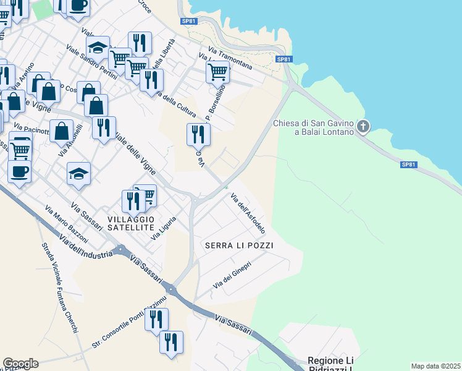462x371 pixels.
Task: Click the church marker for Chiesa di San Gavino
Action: pyautogui.click(x=363, y=127)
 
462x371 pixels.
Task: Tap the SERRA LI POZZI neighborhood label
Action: pyautogui.click(x=239, y=245)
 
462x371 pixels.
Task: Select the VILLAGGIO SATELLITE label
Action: pyautogui.click(x=130, y=223)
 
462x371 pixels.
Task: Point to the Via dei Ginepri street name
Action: pyautogui.click(x=232, y=276)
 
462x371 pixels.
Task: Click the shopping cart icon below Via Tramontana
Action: pyautogui.click(x=217, y=72)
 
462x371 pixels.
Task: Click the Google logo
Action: pyautogui.click(x=20, y=364)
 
